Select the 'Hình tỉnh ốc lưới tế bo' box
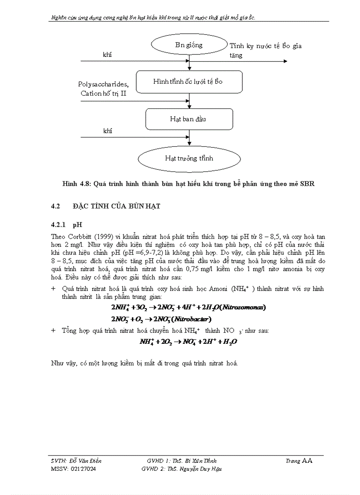(189, 82)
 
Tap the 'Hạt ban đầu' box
(189, 119)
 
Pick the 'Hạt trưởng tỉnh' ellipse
(189, 158)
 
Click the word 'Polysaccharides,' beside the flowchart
(104, 84)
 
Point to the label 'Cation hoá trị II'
(104, 93)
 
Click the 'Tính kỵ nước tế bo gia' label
(266, 46)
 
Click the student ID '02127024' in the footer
(83, 469)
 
